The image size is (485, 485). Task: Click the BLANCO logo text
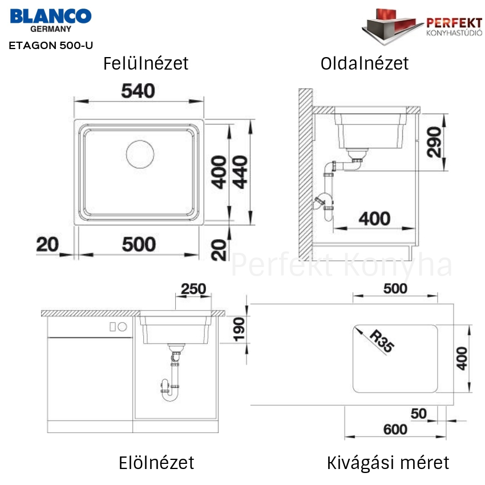coord(51,16)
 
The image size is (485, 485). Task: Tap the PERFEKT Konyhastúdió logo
coord(422,27)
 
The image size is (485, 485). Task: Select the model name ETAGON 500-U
coord(51,46)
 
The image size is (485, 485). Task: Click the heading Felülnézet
coord(145,63)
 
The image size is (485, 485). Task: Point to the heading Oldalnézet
coord(365,63)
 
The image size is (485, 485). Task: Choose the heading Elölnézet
coord(156,463)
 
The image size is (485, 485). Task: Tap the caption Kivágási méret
coord(388,463)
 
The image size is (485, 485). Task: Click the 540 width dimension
coord(138,91)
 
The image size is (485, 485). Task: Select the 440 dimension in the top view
coord(240,172)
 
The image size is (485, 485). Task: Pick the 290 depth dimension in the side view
coord(434,142)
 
